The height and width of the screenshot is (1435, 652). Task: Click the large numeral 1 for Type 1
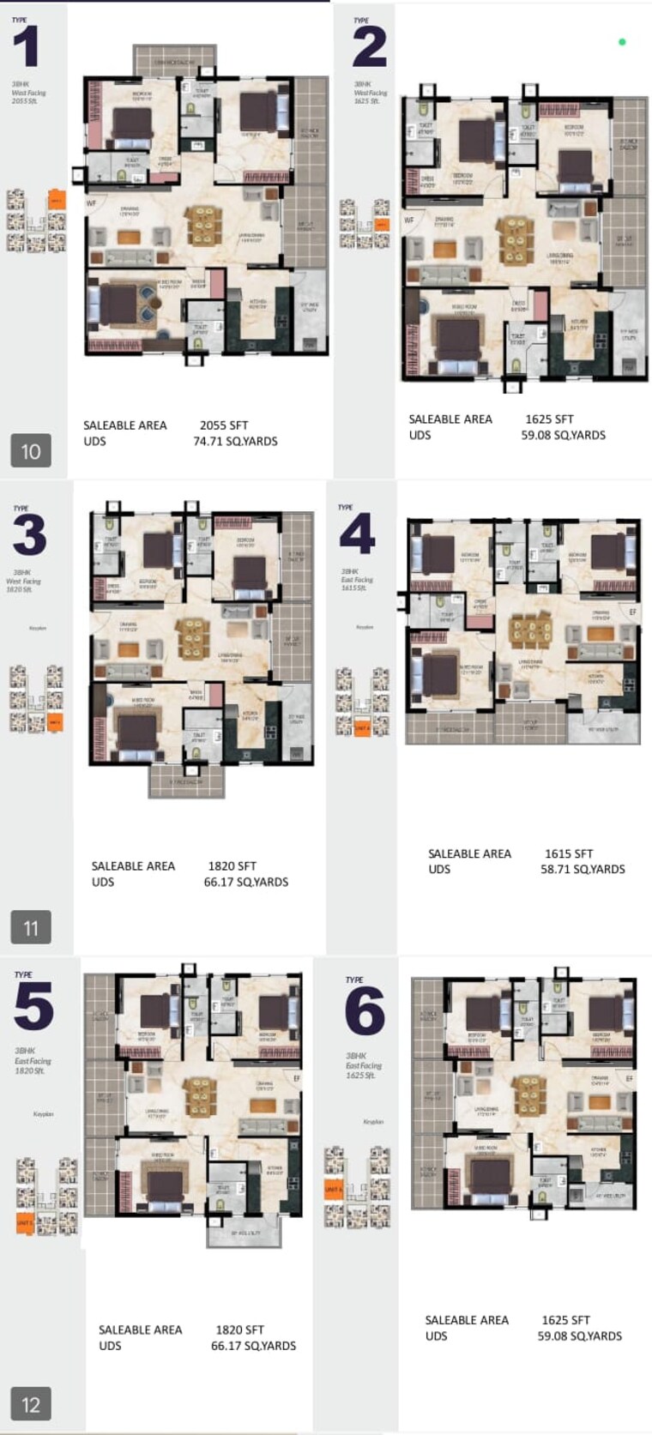pos(27,47)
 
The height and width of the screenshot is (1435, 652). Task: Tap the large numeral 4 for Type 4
pos(357,534)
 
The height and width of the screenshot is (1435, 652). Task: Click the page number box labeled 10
pos(31,451)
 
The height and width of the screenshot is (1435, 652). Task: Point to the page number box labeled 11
pos(31,927)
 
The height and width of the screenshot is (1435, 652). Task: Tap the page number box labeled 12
pos(31,1404)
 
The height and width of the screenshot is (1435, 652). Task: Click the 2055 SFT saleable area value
pos(224,425)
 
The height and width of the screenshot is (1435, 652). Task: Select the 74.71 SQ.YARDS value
pos(235,442)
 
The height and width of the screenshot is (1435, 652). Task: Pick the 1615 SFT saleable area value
pos(569,853)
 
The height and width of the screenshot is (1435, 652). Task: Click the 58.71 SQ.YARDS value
pos(583,869)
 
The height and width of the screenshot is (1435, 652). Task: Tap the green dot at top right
pos(622,41)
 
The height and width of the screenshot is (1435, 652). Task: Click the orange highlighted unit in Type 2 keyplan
pos(382,225)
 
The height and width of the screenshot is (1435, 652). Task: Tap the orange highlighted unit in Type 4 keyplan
pos(362,727)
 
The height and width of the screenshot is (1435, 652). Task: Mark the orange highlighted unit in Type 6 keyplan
pos(333,1190)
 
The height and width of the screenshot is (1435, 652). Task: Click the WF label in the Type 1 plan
pos(91,204)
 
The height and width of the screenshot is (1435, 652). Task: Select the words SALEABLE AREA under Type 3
pos(133,866)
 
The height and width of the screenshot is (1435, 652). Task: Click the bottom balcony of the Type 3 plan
pos(186,781)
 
